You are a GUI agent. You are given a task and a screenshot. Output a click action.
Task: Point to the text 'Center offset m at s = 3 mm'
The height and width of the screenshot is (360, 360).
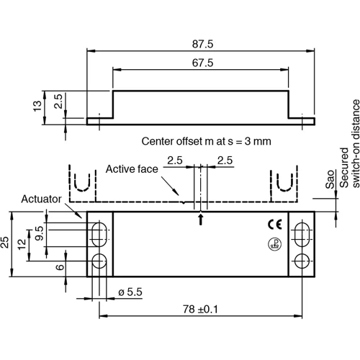tap(206, 141)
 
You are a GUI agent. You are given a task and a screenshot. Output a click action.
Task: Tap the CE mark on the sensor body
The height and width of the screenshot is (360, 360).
tap(275, 222)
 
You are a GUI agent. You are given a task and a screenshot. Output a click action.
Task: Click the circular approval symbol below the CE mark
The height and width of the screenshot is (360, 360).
tap(274, 243)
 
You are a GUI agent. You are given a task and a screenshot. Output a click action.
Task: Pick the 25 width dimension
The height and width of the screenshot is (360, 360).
tap(6, 244)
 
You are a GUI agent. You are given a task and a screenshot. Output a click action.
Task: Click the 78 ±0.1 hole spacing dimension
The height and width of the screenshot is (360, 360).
tap(201, 310)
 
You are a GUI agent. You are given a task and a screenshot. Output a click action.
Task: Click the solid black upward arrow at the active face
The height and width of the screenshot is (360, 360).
tap(200, 220)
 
